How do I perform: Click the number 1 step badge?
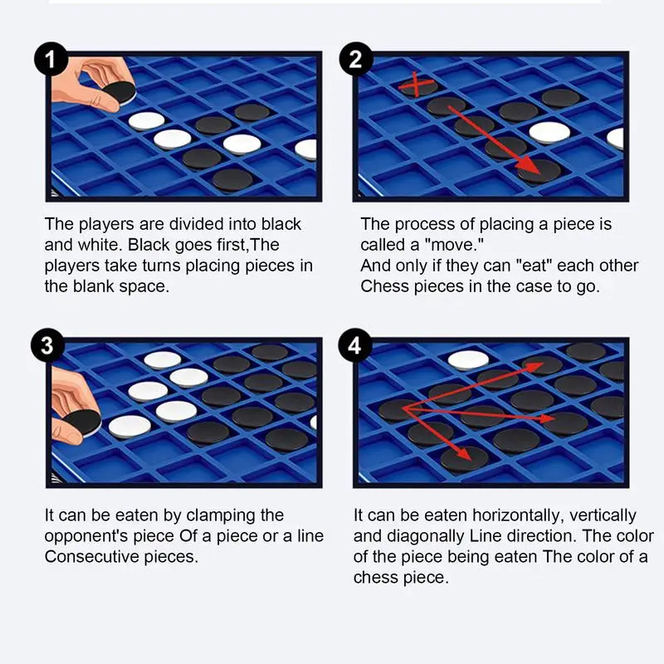tap(51, 59)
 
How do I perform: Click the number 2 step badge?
tap(356, 59)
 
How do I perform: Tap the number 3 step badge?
tap(48, 345)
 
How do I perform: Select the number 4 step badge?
tap(355, 345)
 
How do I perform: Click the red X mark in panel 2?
tap(417, 84)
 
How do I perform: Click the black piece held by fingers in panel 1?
tap(120, 92)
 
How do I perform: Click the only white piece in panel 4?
tap(468, 360)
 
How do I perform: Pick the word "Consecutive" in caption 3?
tap(92, 556)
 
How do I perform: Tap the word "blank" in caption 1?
tap(94, 286)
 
